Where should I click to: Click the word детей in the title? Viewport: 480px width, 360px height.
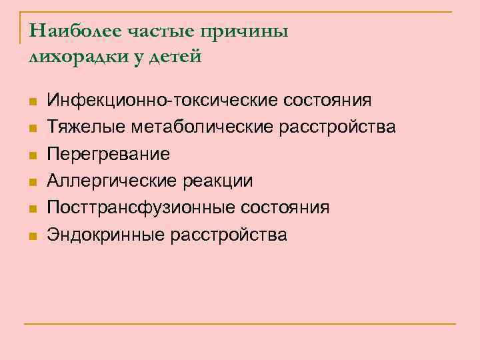(x=175, y=57)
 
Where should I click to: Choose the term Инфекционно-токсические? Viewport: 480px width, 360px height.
(x=163, y=101)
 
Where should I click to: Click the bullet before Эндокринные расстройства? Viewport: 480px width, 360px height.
(x=31, y=235)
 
